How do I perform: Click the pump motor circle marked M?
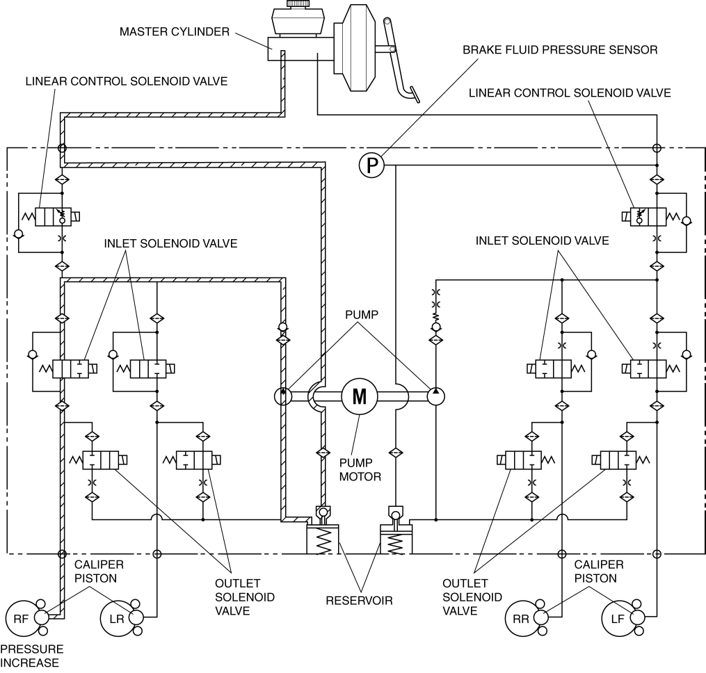[x=360, y=396]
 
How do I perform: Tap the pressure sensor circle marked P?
[x=371, y=165]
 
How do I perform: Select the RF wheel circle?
[x=24, y=619]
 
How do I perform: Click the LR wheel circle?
[x=118, y=619]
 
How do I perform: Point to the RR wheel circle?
[x=523, y=619]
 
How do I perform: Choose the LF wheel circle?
[x=620, y=619]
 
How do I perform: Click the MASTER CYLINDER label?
[x=175, y=31]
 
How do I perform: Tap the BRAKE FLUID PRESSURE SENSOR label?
[x=560, y=49]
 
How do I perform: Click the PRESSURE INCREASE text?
[x=31, y=656]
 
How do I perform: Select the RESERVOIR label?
[x=360, y=600]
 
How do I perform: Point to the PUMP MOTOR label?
[x=360, y=469]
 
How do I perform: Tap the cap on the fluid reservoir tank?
[x=298, y=3]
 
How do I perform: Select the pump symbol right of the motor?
[x=436, y=396]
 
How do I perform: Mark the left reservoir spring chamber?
[x=322, y=540]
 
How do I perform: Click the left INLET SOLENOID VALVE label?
[x=170, y=243]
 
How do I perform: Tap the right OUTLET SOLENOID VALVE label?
[x=472, y=597]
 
